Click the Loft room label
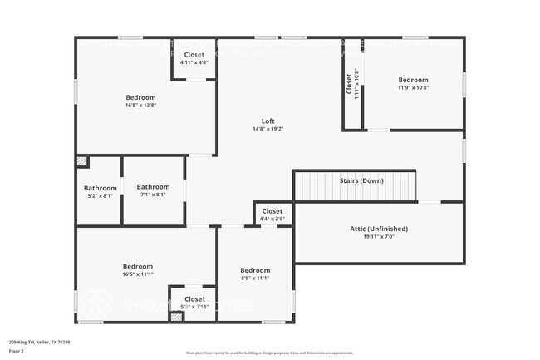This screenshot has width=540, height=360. tap(268, 120)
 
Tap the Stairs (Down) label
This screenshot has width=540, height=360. tap(361, 180)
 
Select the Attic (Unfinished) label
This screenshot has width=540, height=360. tap(378, 228)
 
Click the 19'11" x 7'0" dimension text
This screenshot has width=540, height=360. tap(378, 237)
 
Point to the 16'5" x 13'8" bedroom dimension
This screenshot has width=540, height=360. tap(140, 106)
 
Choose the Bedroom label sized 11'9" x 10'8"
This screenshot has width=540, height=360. tap(412, 80)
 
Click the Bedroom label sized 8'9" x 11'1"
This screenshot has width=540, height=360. tap(255, 270)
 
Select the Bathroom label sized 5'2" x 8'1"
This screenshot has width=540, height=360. tap(101, 188)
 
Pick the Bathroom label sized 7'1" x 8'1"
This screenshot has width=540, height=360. tap(153, 187)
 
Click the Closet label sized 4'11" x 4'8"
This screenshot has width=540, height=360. tap(194, 54)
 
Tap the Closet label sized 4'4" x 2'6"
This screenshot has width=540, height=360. tap(272, 211)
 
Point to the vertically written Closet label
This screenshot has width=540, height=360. tap(349, 84)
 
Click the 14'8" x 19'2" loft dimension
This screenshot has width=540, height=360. tap(268, 129)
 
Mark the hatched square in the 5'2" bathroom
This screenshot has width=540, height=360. tap(81, 162)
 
